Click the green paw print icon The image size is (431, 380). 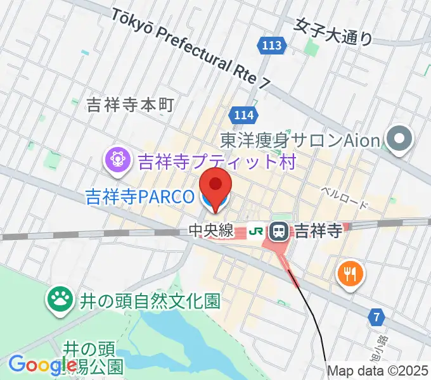coord(61,300)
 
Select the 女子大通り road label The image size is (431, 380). coord(333,32)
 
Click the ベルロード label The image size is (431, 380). coord(344,198)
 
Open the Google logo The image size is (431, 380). coord(42,365)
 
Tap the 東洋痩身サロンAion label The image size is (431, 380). coord(300,139)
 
